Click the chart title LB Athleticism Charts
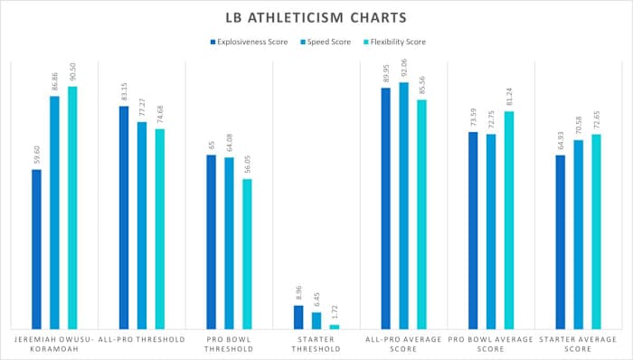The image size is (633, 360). coord(316,17)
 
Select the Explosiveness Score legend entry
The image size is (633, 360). coord(250,42)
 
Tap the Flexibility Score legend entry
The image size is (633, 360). coord(393,42)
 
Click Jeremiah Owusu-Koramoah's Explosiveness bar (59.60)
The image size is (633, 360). coord(36,249)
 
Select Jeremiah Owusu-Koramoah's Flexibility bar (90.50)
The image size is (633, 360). coord(72,207)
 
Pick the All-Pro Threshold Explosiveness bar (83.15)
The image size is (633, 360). coord(124,217)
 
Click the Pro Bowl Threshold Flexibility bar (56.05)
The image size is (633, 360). coord(247,253)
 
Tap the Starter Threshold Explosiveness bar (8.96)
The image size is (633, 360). coord(298,317)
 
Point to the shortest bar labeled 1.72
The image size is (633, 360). coord(335,327)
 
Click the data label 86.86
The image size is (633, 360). coord(54,81)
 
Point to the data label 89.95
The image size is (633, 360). coord(386,73)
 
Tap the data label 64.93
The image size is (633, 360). coord(561,140)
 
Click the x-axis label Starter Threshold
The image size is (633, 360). coord(316,345)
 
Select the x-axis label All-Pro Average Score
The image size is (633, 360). coord(404,345)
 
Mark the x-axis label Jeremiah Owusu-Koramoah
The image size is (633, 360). coord(54,345)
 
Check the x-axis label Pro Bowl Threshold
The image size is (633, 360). coord(229,345)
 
